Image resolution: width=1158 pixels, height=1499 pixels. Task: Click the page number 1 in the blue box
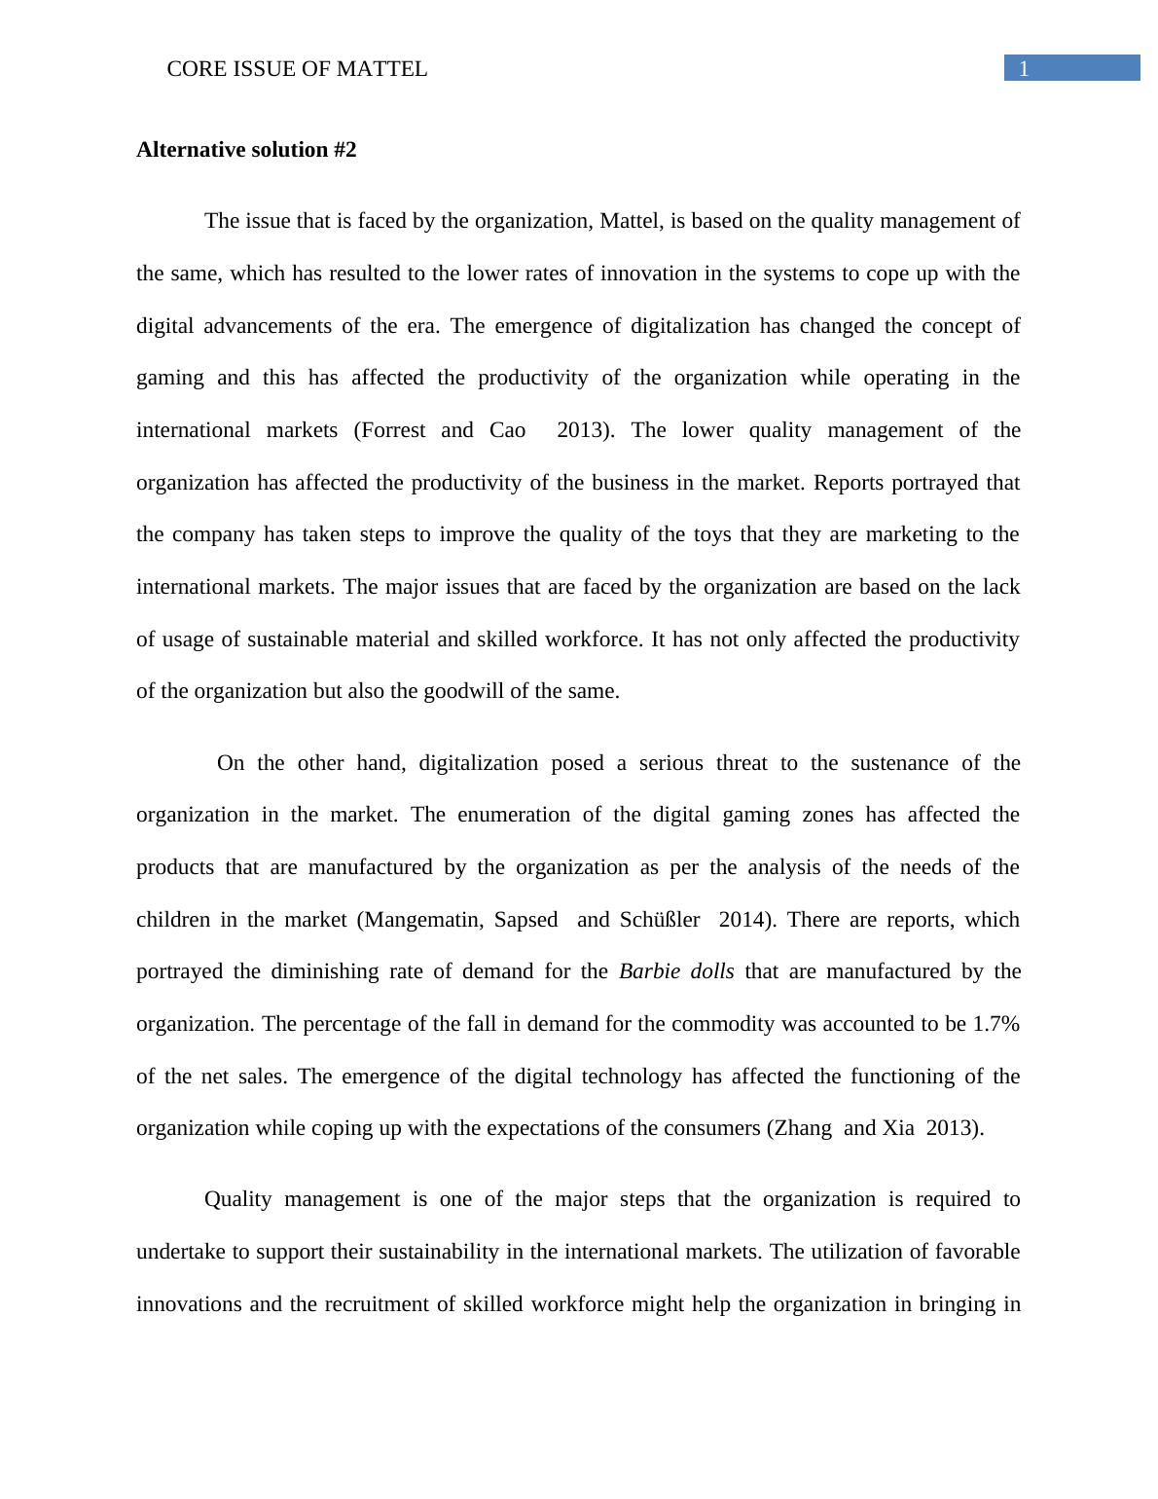coord(1024,68)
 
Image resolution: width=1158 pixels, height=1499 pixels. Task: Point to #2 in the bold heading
coord(344,150)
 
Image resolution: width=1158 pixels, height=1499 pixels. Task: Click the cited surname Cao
coord(507,430)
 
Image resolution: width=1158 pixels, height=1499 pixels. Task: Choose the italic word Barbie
coord(648,971)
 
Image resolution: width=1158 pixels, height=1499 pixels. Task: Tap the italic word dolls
coord(712,971)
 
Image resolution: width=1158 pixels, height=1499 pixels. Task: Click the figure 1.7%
coord(995,1024)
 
